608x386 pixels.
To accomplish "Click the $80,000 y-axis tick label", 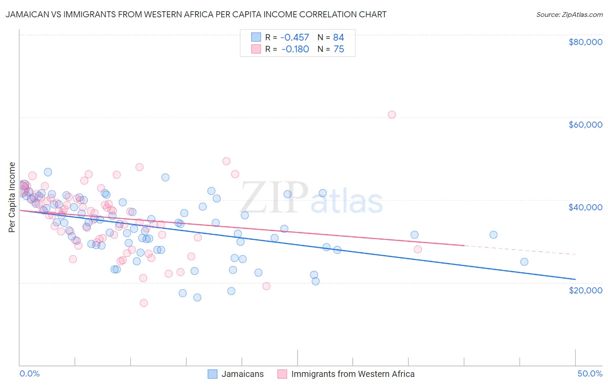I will click(x=585, y=42).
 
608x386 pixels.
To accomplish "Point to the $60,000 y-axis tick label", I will click(x=585, y=125).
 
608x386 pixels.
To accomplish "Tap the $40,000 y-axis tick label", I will click(x=585, y=207).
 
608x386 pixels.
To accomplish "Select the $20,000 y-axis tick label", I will click(x=585, y=290).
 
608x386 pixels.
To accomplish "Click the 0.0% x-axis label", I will click(x=29, y=374).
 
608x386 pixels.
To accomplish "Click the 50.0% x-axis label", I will click(x=590, y=374).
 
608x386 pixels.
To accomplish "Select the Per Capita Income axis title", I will click(x=12, y=197).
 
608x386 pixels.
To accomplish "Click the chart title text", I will click(x=196, y=15).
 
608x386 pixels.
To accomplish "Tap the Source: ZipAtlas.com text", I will click(x=569, y=15).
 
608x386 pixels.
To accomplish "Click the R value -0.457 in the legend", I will click(x=295, y=38).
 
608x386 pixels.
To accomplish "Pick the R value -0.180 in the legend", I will click(x=295, y=49).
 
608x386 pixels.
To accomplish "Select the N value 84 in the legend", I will click(x=339, y=38).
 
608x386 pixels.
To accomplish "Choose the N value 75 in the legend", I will click(x=339, y=49).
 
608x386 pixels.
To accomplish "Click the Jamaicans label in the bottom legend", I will click(x=242, y=374).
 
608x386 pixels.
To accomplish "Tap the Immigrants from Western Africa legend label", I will click(x=352, y=374).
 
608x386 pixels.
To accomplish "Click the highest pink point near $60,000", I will click(x=392, y=115).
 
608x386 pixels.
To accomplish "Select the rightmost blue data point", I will click(x=524, y=262).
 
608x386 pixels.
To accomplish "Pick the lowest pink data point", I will click(x=144, y=303).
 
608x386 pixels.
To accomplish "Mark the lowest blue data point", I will click(x=197, y=297).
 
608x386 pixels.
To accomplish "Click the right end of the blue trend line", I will click(x=575, y=279).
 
